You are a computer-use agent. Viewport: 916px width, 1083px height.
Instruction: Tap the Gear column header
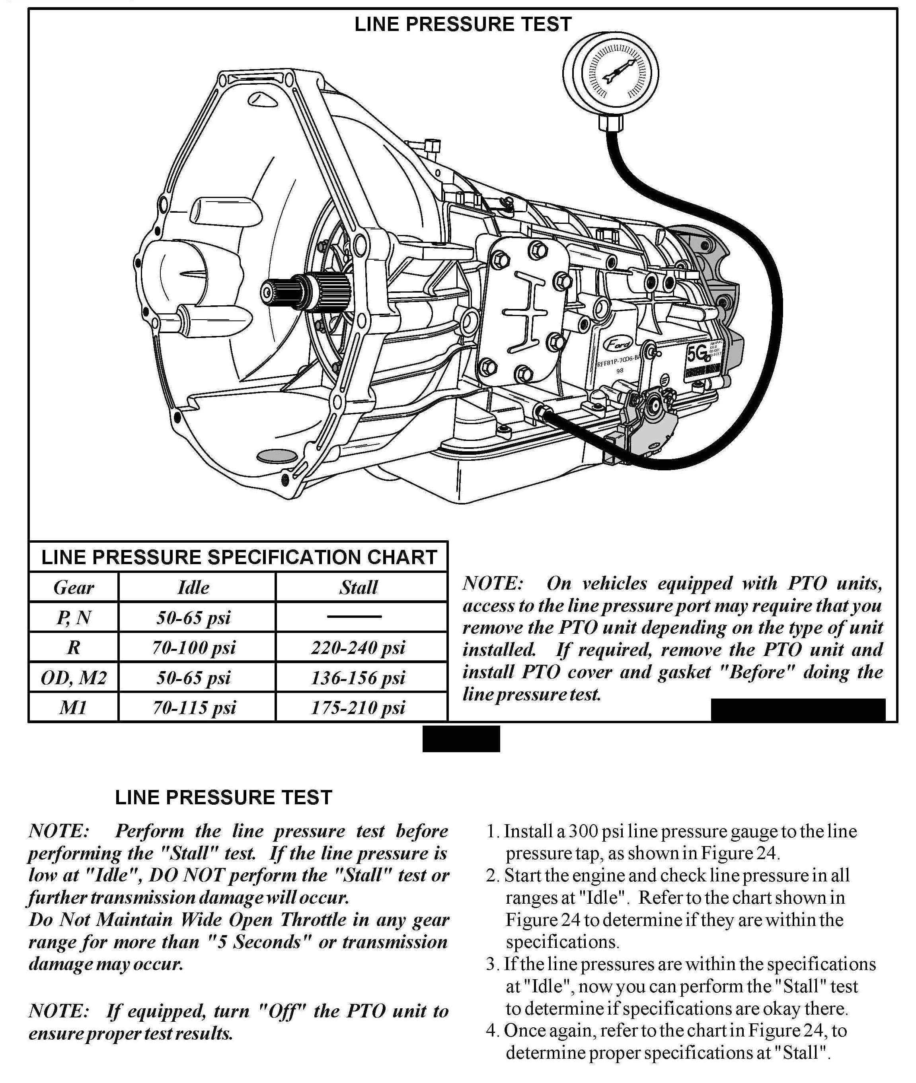pos(74,588)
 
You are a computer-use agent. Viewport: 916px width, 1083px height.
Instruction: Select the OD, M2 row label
pos(74,677)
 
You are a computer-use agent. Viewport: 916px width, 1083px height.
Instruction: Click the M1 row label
pos(74,707)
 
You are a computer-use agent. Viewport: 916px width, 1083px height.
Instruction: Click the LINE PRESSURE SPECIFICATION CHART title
pos(238,557)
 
